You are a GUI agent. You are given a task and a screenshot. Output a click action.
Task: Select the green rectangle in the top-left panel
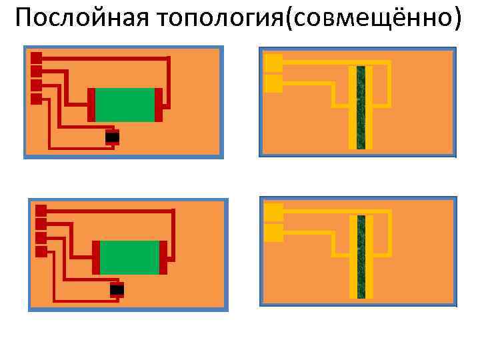(125, 105)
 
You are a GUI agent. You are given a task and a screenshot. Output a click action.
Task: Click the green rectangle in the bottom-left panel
(129, 257)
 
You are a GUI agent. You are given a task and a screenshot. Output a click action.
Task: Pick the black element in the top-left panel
(112, 137)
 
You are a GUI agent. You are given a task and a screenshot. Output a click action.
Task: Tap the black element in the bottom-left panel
(117, 289)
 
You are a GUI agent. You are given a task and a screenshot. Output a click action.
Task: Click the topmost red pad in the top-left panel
(36, 58)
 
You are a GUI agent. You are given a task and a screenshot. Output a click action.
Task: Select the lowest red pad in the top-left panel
(36, 99)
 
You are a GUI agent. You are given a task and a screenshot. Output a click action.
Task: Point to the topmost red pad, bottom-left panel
(41, 210)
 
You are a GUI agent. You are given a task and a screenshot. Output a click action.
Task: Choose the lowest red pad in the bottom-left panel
(41, 251)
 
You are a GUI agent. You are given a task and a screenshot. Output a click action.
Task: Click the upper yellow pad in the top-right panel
(273, 63)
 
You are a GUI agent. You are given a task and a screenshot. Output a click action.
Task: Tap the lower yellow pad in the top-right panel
(273, 83)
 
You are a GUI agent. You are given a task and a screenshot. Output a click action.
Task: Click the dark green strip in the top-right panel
(361, 107)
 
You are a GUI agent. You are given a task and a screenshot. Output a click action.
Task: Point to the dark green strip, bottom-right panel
(361, 257)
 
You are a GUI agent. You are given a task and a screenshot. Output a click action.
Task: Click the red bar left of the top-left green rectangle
(91, 105)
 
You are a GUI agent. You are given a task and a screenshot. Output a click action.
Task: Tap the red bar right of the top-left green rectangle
(159, 105)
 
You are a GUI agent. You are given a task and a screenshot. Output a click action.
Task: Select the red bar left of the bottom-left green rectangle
(96, 257)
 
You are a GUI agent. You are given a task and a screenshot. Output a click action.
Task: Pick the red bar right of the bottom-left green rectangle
(163, 257)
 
